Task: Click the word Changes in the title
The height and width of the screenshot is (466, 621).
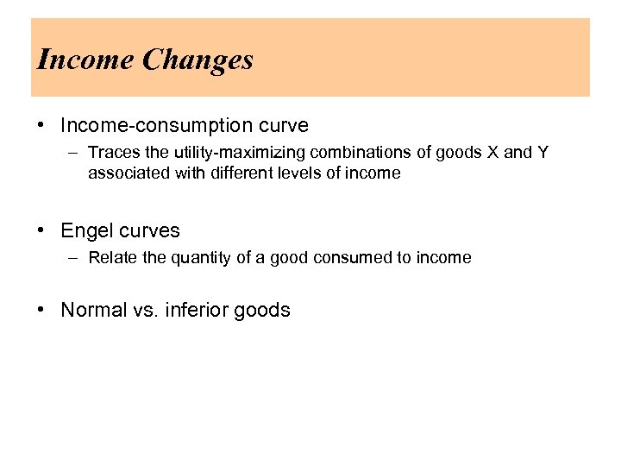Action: click(198, 60)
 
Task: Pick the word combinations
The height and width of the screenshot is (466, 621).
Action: click(353, 153)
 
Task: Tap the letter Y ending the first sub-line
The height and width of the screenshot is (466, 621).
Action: click(543, 153)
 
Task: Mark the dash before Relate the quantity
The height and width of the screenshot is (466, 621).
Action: click(75, 257)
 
